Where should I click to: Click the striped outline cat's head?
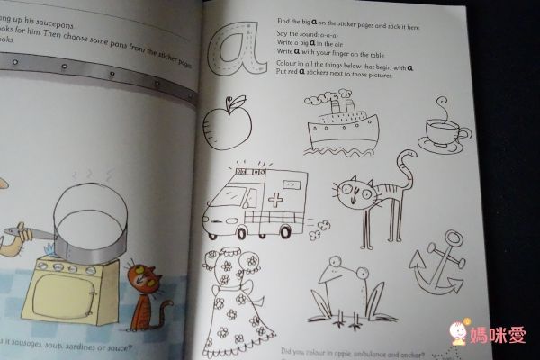point(355,190)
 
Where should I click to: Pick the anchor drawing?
point(436,271)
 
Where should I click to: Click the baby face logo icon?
point(459,335)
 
